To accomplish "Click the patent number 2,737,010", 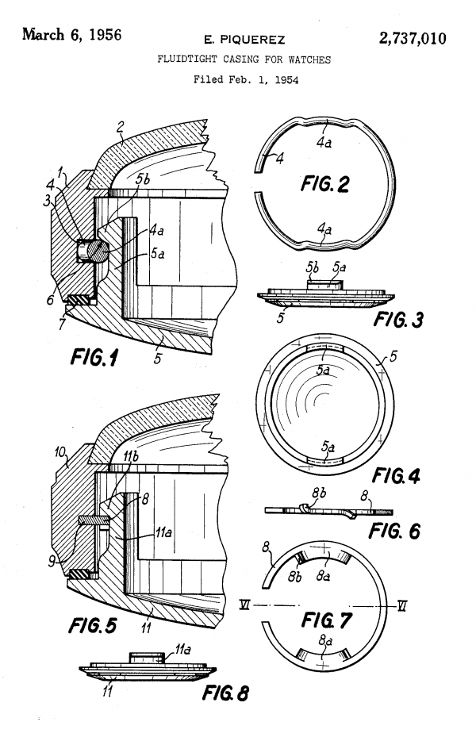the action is pos(413,38).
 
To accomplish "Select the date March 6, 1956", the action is pos(72,34).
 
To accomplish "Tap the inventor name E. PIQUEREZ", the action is pos(244,40).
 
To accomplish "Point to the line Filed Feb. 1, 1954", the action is pos(246,79).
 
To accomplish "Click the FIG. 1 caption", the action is pos(94,357).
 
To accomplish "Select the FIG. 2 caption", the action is pos(325,183).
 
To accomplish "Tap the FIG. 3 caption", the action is pos(398,320).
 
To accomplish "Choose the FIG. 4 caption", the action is pos(396,475).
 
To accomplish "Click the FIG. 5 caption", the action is pos(93,626).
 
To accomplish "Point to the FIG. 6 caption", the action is pos(394,532).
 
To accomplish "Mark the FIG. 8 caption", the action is pos(225,693).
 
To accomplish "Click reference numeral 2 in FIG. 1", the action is pos(121,127).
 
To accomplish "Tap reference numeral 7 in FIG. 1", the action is pos(62,324).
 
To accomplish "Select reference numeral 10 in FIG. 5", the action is pos(60,452).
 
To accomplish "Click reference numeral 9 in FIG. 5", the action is pos(52,561).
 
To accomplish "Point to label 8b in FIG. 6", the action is pos(319,493).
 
